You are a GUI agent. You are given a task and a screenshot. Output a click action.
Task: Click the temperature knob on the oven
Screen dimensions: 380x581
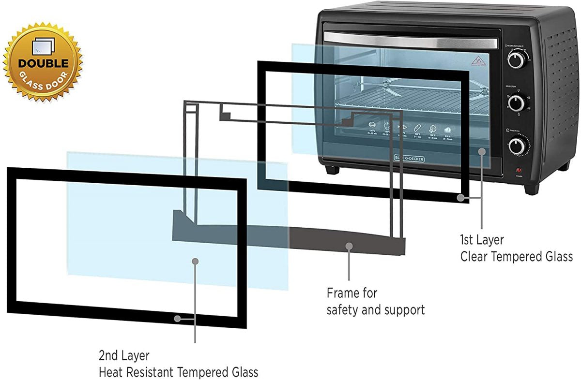(x=516, y=59)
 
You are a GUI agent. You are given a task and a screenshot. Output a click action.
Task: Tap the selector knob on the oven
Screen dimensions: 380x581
(x=517, y=102)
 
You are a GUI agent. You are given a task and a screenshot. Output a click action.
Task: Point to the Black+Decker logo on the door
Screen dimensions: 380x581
(x=406, y=158)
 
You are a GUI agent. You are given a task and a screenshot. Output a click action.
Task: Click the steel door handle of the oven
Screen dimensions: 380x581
(x=411, y=40)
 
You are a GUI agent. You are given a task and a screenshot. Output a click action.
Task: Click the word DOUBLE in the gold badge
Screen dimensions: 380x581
(x=44, y=63)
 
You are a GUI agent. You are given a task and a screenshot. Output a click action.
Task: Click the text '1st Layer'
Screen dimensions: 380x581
(x=482, y=240)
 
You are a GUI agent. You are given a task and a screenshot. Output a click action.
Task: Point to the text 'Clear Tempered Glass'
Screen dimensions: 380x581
(x=516, y=257)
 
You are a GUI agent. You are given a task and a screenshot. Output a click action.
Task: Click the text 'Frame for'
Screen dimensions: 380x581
(x=352, y=293)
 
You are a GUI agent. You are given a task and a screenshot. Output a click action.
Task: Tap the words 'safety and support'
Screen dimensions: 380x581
(x=375, y=309)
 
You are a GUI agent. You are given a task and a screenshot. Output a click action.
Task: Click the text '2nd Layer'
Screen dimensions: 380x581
(x=124, y=356)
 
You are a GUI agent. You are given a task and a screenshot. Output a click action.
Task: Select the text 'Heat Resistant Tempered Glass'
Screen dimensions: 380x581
(x=178, y=372)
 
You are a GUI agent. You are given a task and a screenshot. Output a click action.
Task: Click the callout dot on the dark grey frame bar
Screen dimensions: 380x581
(x=349, y=246)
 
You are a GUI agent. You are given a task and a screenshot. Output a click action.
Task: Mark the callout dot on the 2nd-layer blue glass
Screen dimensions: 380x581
(x=195, y=261)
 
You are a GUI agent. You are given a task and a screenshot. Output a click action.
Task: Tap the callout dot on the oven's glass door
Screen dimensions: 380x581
(x=481, y=152)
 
